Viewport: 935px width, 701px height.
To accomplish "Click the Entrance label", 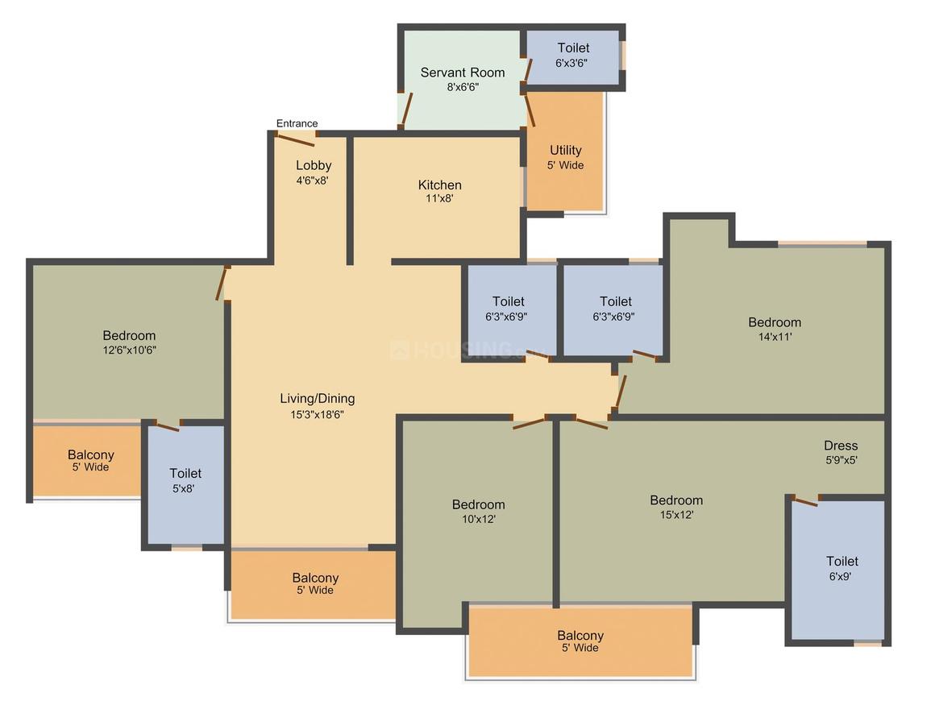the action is pyautogui.click(x=297, y=123).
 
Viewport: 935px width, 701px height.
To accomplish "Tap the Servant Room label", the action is pyautogui.click(x=463, y=73).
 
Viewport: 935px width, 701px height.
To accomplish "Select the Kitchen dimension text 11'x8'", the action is pyautogui.click(x=439, y=198).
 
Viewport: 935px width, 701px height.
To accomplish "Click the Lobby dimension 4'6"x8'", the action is pyautogui.click(x=313, y=180).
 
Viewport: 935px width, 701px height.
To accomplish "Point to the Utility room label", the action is pyautogui.click(x=565, y=150).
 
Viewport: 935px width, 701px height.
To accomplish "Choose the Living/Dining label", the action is pyautogui.click(x=318, y=399).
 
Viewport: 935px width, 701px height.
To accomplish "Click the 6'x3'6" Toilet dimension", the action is pyautogui.click(x=571, y=63).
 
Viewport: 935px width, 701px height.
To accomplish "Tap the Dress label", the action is pyautogui.click(x=841, y=446).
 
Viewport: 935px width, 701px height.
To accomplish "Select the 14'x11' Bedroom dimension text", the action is pyautogui.click(x=775, y=337).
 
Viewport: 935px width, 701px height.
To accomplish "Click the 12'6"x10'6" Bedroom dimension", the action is pyautogui.click(x=130, y=350).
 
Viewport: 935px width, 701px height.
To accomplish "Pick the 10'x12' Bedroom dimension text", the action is pyautogui.click(x=479, y=519).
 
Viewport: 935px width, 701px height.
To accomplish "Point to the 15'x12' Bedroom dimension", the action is pyautogui.click(x=677, y=515).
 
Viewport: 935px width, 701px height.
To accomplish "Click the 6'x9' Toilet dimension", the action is pyautogui.click(x=840, y=576).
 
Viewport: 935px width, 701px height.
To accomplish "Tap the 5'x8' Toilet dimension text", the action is pyautogui.click(x=184, y=489).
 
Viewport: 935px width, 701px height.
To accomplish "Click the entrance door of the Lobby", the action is pyautogui.click(x=297, y=141).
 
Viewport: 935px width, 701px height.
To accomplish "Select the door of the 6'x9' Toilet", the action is pyautogui.click(x=805, y=501).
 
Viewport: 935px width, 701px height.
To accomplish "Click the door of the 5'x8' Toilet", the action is pyautogui.click(x=168, y=425).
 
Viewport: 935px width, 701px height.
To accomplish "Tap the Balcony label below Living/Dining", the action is pyautogui.click(x=315, y=578).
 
